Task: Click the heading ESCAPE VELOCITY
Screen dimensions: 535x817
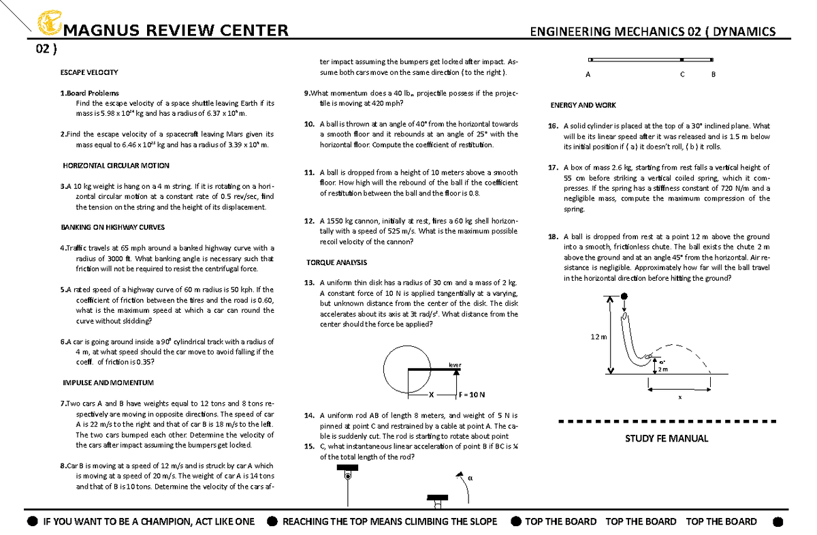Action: click(x=89, y=72)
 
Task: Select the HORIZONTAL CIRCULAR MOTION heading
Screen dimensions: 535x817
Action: click(x=116, y=166)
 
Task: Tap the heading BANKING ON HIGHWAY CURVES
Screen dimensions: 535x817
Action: click(x=112, y=228)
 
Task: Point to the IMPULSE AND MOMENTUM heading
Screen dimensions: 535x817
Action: click(x=108, y=382)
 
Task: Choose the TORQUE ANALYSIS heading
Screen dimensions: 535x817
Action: click(x=336, y=262)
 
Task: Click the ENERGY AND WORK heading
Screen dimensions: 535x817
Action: click(x=583, y=105)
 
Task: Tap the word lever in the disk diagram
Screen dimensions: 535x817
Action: click(x=454, y=365)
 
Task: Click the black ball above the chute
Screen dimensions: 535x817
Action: click(x=624, y=296)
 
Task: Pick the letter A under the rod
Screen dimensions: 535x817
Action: click(x=588, y=75)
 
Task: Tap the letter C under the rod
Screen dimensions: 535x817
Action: click(x=682, y=75)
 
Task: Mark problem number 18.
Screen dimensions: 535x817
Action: click(x=552, y=236)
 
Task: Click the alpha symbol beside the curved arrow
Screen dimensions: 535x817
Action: click(x=470, y=478)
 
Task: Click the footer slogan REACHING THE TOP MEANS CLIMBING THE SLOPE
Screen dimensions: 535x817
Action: click(x=389, y=521)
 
